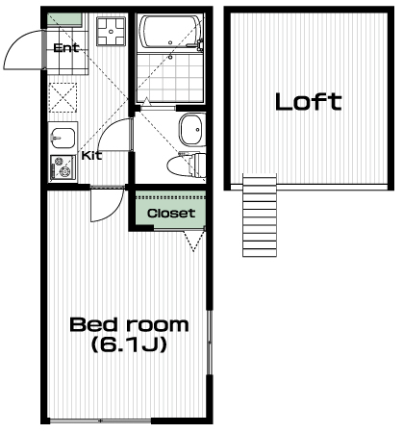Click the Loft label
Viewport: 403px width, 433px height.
[x=309, y=102]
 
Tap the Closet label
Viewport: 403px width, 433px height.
[x=171, y=213]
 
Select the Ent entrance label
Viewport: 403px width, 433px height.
[x=66, y=48]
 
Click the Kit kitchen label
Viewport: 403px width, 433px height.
[x=91, y=156]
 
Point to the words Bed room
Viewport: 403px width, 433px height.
[x=129, y=324]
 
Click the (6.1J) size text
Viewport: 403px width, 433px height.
[x=129, y=344]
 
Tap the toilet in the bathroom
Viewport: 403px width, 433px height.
[x=187, y=165]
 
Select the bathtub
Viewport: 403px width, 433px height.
[x=170, y=32]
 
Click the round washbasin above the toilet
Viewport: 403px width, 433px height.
[x=192, y=130]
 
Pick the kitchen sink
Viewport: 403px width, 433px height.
[x=63, y=138]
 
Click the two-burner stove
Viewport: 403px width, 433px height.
[x=63, y=167]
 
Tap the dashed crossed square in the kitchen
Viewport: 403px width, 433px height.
[x=63, y=97]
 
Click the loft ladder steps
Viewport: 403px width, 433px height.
[x=260, y=215]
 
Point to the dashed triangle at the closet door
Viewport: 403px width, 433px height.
[x=194, y=241]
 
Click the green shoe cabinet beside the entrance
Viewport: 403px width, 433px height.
[x=64, y=20]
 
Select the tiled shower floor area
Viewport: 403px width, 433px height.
[x=170, y=77]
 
